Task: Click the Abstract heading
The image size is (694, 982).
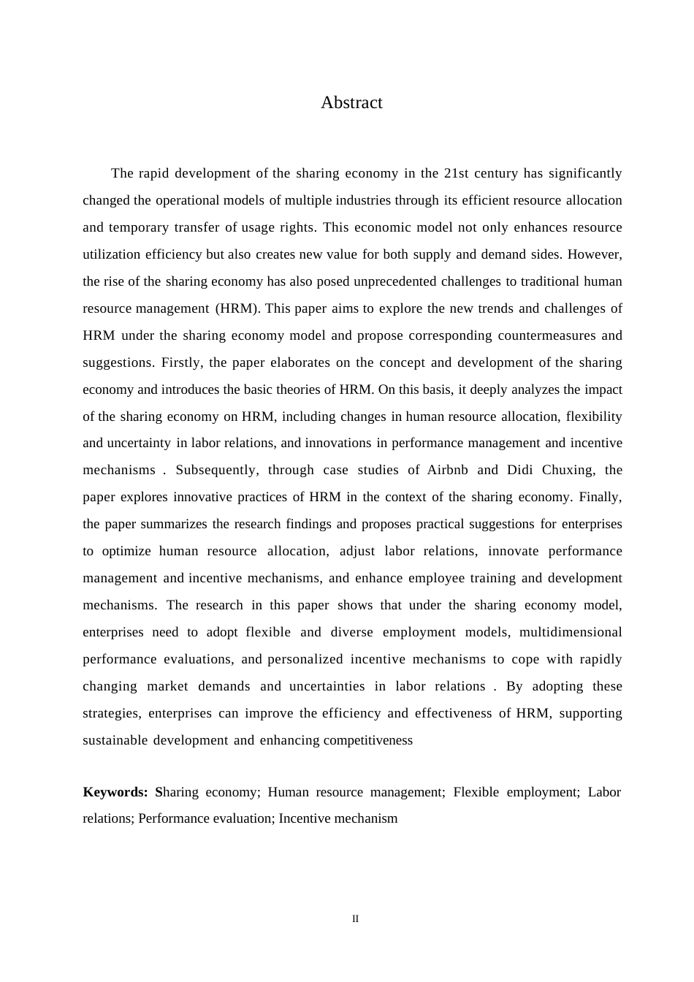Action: [351, 103]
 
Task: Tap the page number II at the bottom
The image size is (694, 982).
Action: [355, 919]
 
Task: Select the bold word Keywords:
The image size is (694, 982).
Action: [115, 792]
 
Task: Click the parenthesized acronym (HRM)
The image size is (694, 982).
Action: [238, 308]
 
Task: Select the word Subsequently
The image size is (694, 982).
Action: [217, 470]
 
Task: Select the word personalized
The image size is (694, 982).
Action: [305, 659]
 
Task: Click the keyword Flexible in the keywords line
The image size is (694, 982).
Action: [476, 792]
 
